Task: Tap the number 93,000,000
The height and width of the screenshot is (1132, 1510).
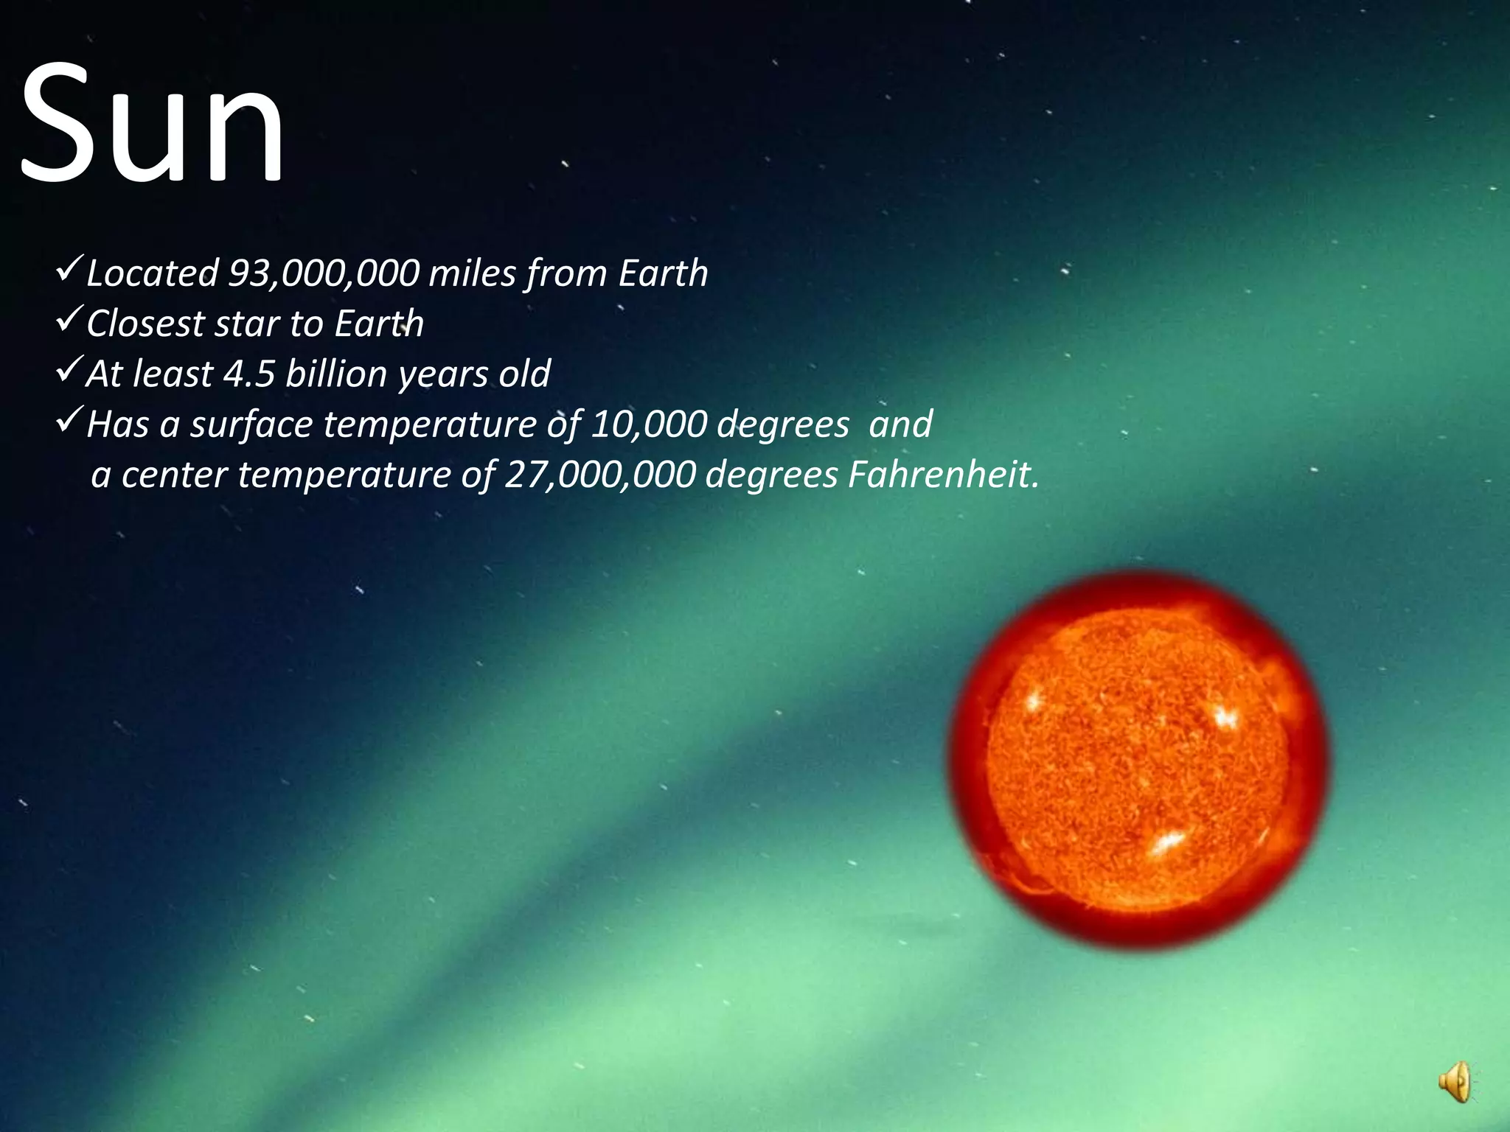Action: (324, 273)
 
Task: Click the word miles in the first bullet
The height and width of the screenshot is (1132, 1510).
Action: (472, 273)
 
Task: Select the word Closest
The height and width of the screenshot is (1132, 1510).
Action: (145, 324)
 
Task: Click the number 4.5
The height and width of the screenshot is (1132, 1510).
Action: (248, 374)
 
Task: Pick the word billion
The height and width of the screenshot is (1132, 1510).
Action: (336, 374)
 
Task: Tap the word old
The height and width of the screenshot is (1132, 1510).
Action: (524, 374)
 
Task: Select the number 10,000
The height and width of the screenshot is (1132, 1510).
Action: (648, 424)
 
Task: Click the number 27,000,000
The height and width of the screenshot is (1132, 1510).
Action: (599, 475)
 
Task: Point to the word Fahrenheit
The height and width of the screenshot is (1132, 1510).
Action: (943, 475)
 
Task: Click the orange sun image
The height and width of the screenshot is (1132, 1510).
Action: (1138, 759)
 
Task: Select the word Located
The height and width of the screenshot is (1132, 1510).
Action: (152, 273)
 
